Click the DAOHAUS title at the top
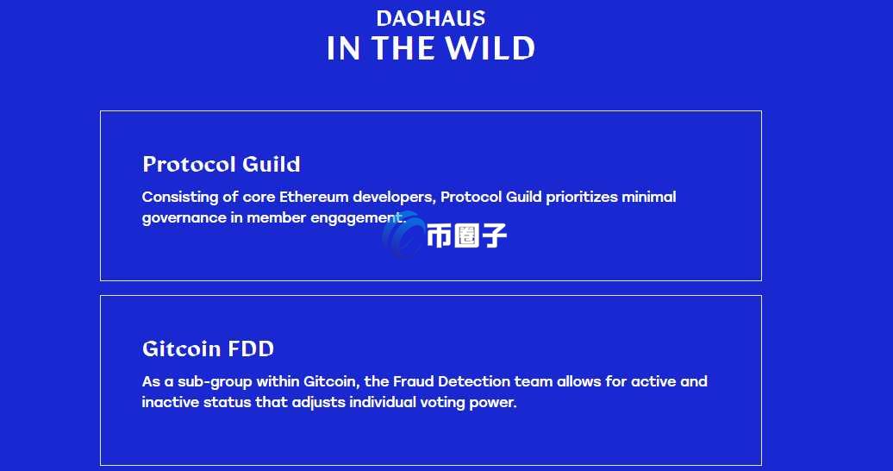431,18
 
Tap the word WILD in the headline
490,48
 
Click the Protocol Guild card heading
221,164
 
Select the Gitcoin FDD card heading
208,349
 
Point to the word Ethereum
313,197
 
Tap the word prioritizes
582,198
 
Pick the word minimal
649,197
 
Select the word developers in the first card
394,198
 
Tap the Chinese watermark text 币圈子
466,235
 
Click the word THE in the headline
403,48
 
